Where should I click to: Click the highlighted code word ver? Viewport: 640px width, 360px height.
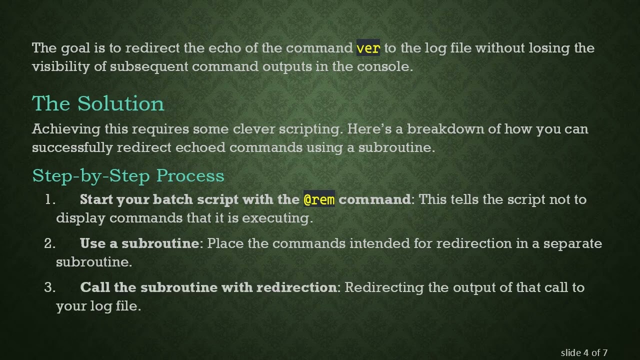tap(368, 48)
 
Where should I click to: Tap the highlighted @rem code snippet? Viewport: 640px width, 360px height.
tap(319, 199)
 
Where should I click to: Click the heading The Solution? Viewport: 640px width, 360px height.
tap(98, 103)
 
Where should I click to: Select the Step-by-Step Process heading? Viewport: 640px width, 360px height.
tap(128, 175)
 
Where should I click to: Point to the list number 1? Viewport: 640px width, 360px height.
tap(49, 199)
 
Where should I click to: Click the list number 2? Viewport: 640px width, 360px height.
tap(49, 243)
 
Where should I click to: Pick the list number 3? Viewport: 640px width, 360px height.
tap(49, 287)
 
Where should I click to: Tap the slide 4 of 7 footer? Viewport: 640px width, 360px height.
tap(584, 352)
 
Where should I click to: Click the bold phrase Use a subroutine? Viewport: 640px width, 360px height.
tap(139, 243)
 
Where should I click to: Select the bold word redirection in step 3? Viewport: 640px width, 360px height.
tap(296, 287)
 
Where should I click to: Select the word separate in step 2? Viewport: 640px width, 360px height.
tap(572, 243)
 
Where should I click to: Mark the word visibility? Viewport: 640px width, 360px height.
tap(61, 66)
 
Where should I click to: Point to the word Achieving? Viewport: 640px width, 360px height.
tap(66, 129)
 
